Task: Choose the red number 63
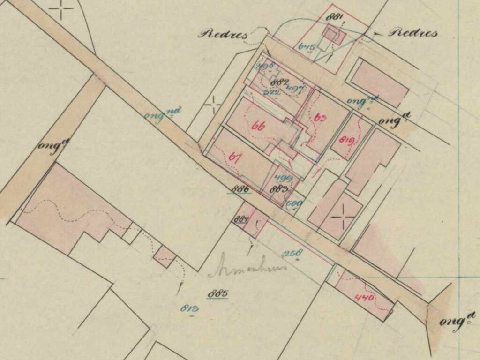pyautogui.click(x=320, y=118)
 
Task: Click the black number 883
pyautogui.click(x=279, y=190)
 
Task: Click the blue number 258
pyautogui.click(x=292, y=253)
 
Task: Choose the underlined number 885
pyautogui.click(x=217, y=294)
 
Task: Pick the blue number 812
pyautogui.click(x=189, y=308)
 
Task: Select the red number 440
pyautogui.click(x=364, y=297)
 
